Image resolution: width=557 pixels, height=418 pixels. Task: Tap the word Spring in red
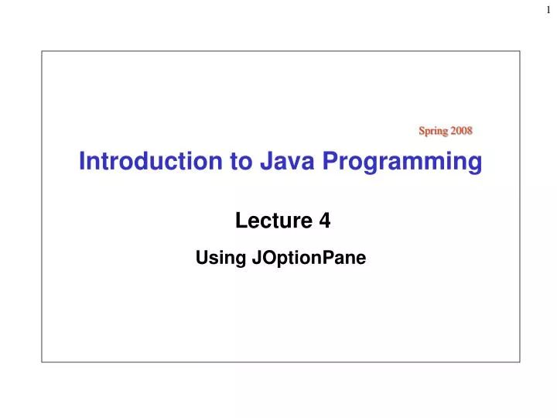432,130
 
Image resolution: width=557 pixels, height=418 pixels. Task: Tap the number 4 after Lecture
325,221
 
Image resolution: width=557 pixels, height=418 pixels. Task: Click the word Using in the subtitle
221,259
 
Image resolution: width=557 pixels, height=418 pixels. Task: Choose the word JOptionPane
309,259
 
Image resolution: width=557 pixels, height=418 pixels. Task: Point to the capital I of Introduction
82,161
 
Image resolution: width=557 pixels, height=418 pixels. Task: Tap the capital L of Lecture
240,221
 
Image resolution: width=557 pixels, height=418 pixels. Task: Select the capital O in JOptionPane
265,259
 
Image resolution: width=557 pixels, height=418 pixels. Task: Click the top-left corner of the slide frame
42,51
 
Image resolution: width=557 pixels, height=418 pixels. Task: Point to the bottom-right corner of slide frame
520,361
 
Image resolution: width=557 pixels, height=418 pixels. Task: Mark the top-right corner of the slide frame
520,51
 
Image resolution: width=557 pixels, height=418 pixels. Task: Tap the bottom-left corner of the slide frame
42,361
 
